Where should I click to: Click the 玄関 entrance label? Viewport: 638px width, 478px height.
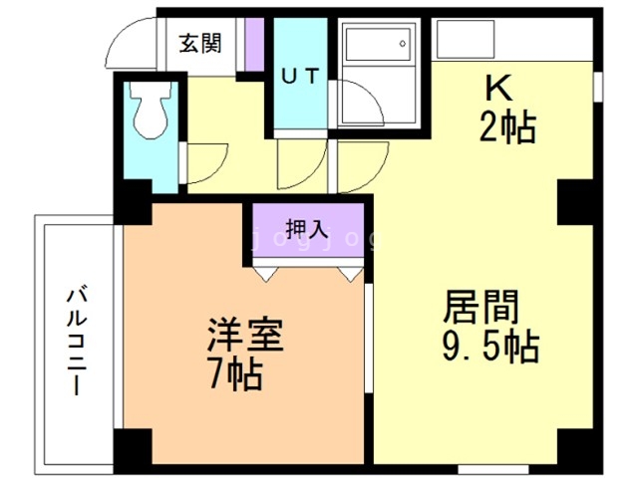(199, 44)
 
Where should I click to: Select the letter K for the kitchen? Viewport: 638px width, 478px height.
(498, 88)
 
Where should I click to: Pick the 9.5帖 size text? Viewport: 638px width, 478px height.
(488, 348)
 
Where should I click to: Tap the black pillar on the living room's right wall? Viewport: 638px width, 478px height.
(574, 203)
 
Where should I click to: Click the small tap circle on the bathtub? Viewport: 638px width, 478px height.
(403, 43)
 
